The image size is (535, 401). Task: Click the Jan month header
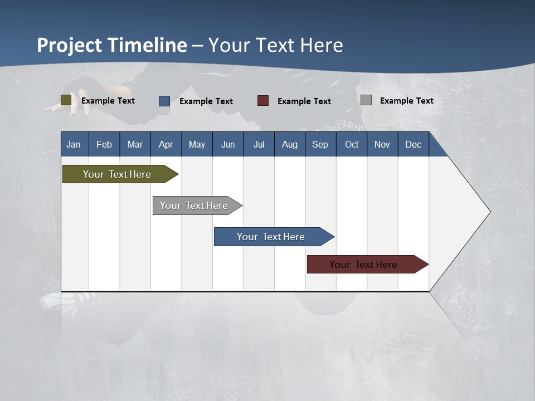pos(74,144)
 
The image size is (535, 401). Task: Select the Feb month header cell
pos(104,144)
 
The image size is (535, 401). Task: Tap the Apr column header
pos(166,144)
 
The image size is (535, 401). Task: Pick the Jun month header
pos(228,144)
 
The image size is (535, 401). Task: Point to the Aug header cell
pos(290,144)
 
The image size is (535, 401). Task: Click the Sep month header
pos(320,144)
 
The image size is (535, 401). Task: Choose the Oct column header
pos(352,144)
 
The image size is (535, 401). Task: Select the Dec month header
pos(414,144)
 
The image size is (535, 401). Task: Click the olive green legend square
pos(66,100)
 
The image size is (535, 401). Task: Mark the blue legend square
pos(164,101)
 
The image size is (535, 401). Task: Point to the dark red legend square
pos(263,101)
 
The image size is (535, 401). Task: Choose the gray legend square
pos(366,100)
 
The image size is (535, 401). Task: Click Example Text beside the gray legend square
pos(406,100)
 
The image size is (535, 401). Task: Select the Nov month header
pos(382,144)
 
